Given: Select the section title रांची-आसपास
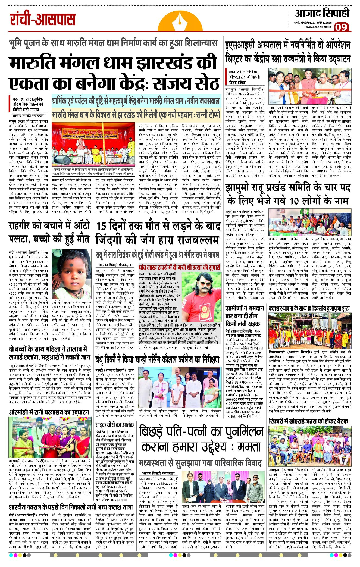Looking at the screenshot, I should pyautogui.click(x=43, y=20).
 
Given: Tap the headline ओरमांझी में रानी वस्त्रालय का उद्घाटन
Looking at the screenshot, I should pyautogui.click(x=49, y=412).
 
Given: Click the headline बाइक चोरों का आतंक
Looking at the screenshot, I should pyautogui.click(x=114, y=425).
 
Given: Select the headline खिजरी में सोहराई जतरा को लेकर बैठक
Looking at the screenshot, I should pyautogui.click(x=308, y=421).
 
